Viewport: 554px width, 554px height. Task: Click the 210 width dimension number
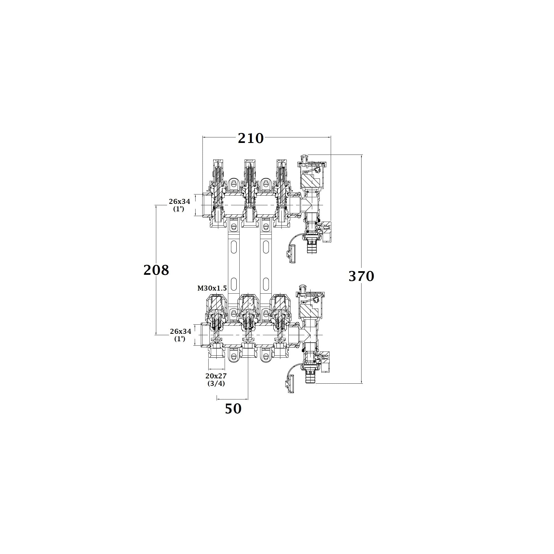(x=251, y=138)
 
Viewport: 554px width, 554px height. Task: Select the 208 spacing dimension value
(x=156, y=270)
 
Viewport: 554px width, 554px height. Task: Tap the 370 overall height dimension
(x=361, y=276)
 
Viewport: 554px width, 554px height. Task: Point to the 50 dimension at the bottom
(x=233, y=409)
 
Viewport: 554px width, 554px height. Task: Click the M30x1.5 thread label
(x=212, y=288)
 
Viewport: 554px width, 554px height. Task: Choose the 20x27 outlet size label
(x=216, y=376)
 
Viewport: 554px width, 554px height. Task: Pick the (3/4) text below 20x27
(x=216, y=383)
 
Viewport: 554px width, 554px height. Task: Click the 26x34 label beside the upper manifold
(x=179, y=201)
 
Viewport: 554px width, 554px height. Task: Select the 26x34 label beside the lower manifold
(x=181, y=331)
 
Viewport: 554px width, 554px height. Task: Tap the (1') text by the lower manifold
(x=180, y=339)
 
